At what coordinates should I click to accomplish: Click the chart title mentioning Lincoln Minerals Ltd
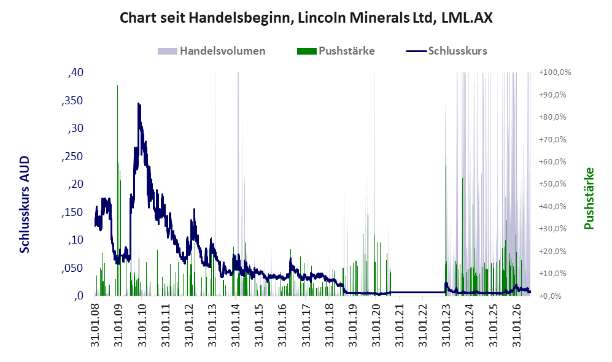coord(306,18)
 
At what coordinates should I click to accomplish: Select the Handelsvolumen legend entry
coord(212,51)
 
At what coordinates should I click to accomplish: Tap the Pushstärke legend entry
coord(336,51)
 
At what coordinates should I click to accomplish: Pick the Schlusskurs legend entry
coord(446,51)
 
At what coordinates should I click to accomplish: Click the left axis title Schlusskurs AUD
coord(24,204)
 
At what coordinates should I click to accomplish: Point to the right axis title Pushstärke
coord(589,198)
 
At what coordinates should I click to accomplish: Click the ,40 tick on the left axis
coord(76,72)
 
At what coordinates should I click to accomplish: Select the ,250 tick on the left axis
coord(72,156)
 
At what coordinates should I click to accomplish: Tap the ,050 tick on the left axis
coord(72,268)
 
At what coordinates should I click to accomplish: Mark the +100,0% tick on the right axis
coord(555,72)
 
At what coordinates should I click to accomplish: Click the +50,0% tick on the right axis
coord(552,183)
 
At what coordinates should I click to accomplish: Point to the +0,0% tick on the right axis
coord(551,296)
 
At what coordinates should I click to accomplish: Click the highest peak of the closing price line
coord(139,104)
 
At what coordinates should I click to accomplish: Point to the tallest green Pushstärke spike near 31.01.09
coord(117,85)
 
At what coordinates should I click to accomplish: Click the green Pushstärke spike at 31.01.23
coord(446,166)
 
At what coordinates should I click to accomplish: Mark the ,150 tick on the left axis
coord(72,212)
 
